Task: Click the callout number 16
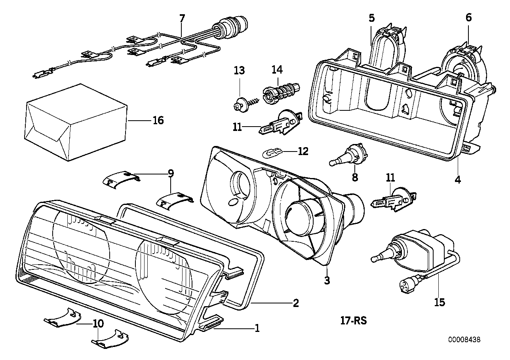tap(158, 120)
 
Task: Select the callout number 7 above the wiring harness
tap(182, 18)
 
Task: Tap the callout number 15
tap(440, 302)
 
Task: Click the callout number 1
tap(257, 328)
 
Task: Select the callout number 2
tap(295, 303)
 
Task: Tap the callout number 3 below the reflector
tap(327, 280)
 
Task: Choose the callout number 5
tap(371, 18)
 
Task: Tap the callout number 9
tap(171, 173)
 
